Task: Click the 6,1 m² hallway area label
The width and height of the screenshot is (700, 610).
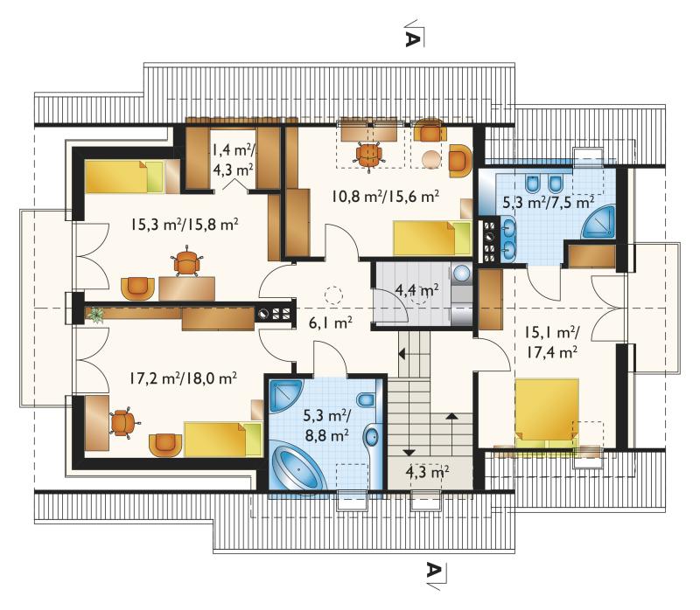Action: (x=331, y=322)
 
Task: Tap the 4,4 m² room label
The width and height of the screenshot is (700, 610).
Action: (x=416, y=289)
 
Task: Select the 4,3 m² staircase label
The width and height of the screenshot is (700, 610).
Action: (x=427, y=472)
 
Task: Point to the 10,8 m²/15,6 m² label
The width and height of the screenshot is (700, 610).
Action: (x=385, y=196)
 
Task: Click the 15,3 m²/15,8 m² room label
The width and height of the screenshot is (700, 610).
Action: (x=184, y=224)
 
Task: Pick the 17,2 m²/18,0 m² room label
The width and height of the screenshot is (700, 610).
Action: (x=183, y=378)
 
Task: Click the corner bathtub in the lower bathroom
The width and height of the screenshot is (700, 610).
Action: (x=299, y=466)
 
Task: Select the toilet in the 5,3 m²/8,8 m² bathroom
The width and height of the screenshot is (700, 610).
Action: (x=367, y=399)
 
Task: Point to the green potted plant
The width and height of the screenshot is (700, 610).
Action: (x=95, y=315)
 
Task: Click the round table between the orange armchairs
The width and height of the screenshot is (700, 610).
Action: (x=431, y=159)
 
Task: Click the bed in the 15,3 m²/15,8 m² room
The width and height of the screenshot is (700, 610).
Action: (x=125, y=177)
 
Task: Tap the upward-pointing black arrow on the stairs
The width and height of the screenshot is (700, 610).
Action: (x=451, y=417)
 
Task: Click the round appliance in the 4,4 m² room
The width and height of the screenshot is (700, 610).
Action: (x=463, y=273)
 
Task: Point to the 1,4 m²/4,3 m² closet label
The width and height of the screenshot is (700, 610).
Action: (x=233, y=160)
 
